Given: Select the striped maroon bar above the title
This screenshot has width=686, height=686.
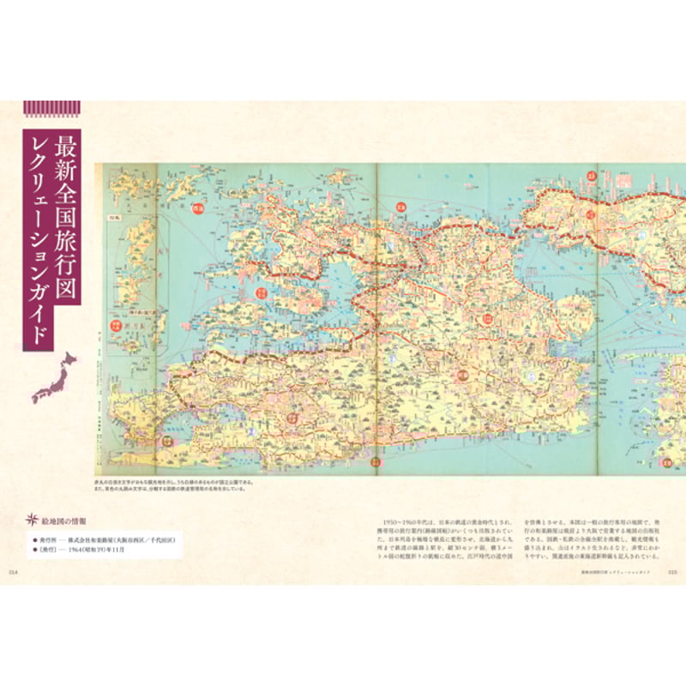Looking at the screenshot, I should point(51,107).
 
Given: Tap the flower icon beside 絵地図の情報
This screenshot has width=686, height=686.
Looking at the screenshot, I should point(33,520).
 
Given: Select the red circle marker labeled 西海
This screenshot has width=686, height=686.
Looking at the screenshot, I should point(199,208).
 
